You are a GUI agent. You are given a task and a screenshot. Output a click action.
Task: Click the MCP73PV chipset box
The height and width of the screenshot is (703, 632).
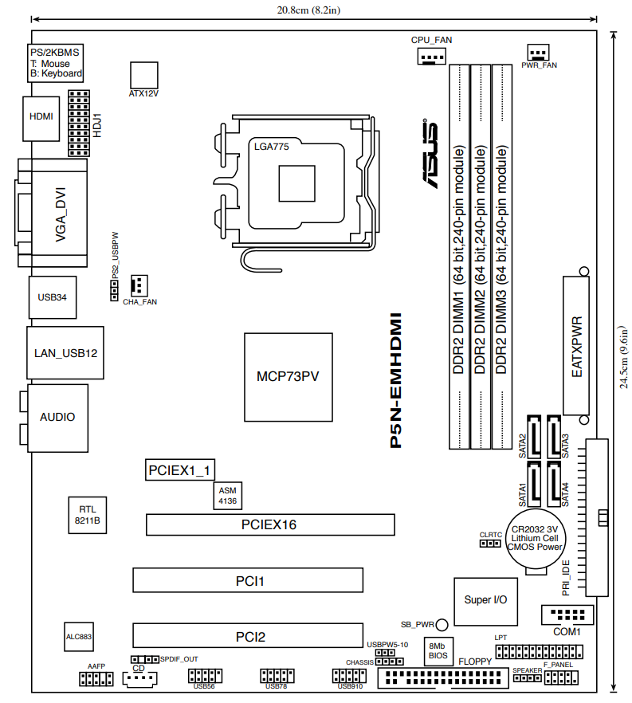tap(289, 377)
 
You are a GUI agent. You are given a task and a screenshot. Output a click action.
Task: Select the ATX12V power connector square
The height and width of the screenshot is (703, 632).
tap(144, 75)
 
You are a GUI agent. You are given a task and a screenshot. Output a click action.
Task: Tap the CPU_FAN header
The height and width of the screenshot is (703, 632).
tap(432, 57)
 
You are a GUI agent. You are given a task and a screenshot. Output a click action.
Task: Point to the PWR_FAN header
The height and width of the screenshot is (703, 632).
tap(538, 53)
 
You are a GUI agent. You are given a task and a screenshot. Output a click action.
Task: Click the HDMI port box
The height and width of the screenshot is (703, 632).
tap(41, 119)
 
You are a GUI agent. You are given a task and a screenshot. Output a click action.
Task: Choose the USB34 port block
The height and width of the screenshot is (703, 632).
tap(53, 297)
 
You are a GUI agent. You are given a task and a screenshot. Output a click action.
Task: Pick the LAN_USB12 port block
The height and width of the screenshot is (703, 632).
tap(65, 353)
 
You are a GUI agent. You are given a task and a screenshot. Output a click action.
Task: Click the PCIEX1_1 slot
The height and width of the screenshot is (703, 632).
tap(180, 470)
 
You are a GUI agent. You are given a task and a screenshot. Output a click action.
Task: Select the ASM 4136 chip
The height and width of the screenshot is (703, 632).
tap(228, 496)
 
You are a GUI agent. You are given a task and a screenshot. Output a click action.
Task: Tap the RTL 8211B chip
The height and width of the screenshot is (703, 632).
tap(88, 515)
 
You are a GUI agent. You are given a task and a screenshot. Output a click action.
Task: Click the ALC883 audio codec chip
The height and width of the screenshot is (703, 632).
tap(79, 637)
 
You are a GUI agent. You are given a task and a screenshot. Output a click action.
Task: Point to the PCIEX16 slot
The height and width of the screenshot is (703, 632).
tap(270, 524)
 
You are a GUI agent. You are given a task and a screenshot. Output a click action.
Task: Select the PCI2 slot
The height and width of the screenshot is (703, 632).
tap(248, 636)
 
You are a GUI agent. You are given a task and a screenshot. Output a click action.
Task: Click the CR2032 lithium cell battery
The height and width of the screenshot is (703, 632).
tap(536, 539)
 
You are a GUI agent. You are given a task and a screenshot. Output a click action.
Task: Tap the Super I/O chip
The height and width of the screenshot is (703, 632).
tap(486, 602)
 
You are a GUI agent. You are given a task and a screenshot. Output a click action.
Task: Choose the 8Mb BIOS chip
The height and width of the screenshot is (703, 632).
tap(438, 651)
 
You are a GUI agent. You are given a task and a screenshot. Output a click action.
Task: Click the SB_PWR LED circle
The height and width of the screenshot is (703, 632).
tap(442, 625)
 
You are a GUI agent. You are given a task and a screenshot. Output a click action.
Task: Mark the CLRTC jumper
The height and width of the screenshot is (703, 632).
tap(490, 544)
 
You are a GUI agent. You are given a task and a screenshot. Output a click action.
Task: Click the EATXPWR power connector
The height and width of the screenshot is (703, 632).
tap(576, 346)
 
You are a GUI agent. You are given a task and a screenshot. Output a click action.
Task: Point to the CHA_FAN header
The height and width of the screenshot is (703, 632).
tap(139, 285)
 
